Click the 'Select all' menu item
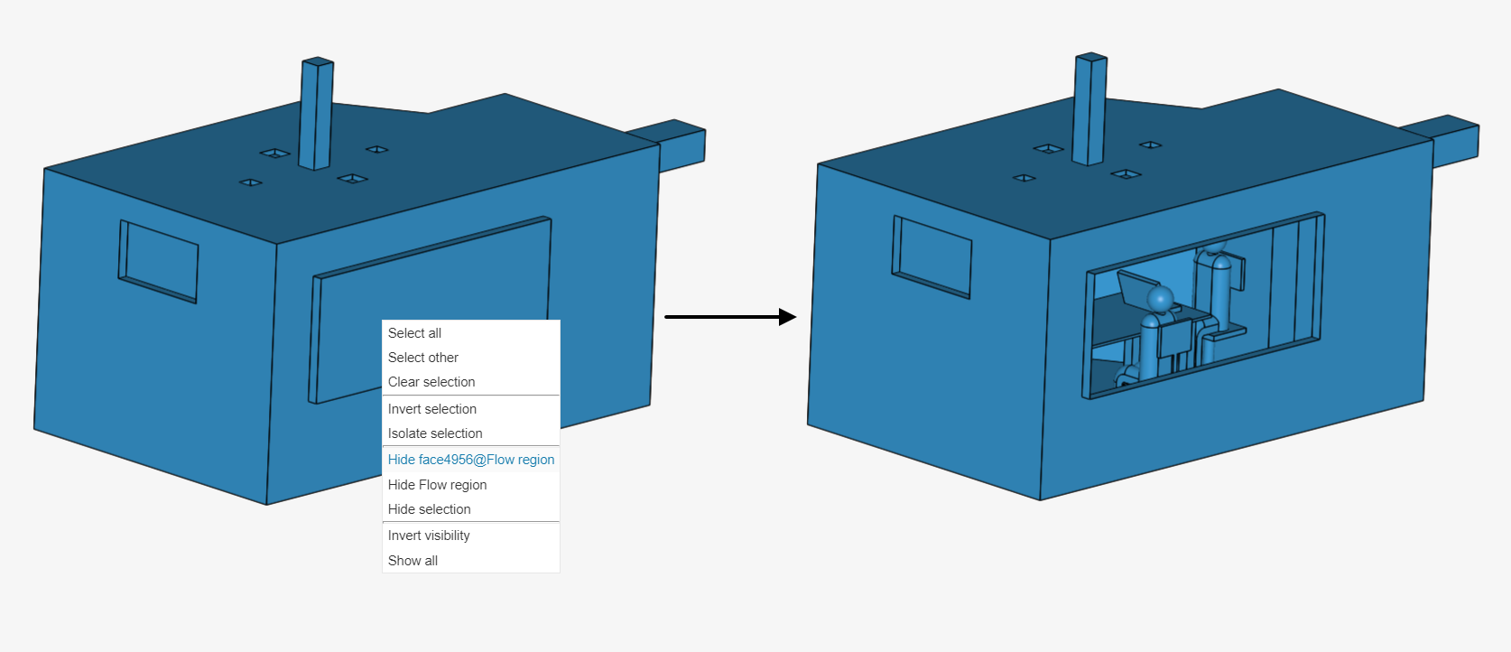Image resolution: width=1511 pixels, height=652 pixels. tap(415, 333)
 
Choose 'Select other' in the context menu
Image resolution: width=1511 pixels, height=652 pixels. tap(423, 358)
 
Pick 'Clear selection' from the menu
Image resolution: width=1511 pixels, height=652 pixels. tap(431, 382)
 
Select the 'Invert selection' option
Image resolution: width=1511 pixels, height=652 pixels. tap(432, 409)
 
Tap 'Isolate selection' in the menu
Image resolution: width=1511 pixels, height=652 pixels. tap(435, 433)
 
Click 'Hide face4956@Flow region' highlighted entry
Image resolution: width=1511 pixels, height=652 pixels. tap(471, 460)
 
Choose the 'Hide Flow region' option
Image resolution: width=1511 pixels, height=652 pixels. tap(438, 485)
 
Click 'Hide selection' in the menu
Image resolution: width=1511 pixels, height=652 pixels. tap(430, 509)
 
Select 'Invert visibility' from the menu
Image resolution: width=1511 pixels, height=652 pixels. tap(429, 536)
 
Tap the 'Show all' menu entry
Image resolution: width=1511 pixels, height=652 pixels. tap(413, 561)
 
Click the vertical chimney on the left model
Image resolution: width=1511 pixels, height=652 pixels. tap(316, 113)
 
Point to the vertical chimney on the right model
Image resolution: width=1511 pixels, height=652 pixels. tap(1089, 108)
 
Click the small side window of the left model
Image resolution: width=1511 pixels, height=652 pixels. tap(160, 261)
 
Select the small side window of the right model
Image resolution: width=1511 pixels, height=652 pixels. tap(932, 256)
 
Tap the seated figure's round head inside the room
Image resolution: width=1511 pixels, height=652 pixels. tap(1160, 298)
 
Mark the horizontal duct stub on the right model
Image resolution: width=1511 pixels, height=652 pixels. tap(1455, 142)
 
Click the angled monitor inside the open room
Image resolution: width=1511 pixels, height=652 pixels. tap(1133, 289)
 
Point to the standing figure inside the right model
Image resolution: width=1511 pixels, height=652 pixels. tap(1219, 289)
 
